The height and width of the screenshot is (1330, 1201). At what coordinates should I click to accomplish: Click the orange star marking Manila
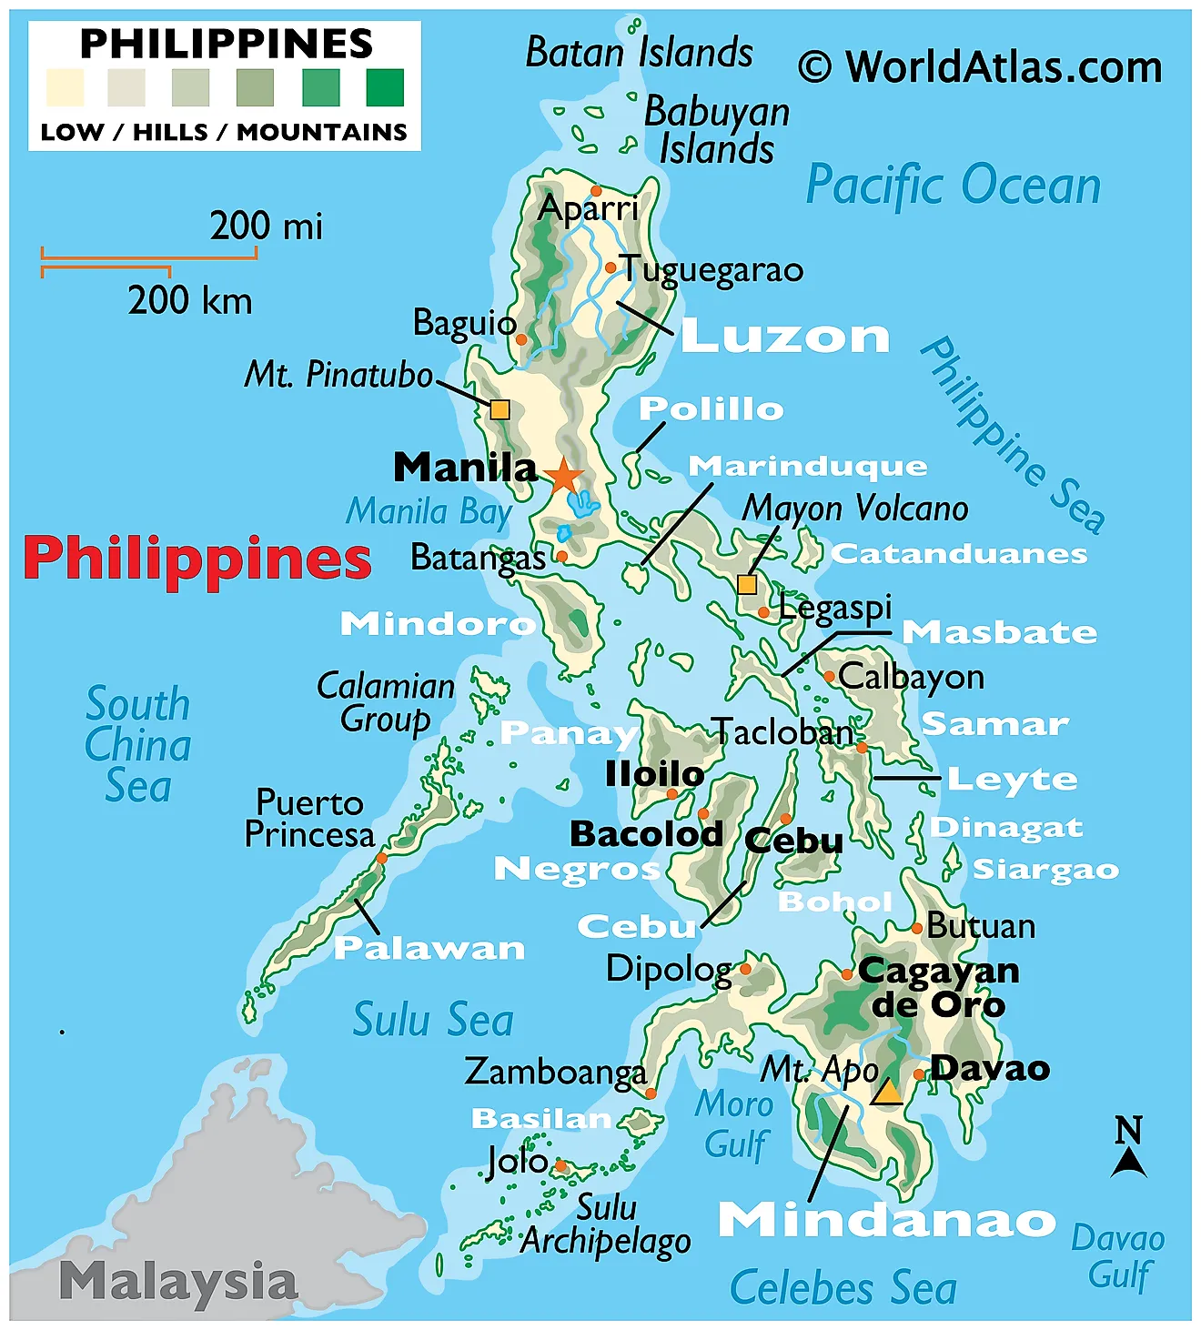point(564,476)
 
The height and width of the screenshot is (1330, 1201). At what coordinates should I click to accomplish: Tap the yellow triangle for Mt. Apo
point(886,1093)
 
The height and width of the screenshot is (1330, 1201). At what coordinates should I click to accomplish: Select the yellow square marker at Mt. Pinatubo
point(500,409)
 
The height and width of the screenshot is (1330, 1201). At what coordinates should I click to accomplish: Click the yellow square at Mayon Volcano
point(747,584)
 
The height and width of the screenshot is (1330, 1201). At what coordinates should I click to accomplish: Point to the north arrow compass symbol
point(1128,1148)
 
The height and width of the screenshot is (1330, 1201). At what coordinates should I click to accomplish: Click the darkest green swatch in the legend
point(385,88)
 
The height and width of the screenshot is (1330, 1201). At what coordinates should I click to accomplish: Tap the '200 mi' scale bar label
point(266,226)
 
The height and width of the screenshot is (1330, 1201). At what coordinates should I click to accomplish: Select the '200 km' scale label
point(189,300)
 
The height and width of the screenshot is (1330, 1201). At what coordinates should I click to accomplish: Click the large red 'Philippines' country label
point(197,559)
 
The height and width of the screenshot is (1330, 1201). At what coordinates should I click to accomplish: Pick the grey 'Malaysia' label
point(178,1282)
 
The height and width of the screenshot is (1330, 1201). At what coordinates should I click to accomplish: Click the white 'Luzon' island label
point(785,336)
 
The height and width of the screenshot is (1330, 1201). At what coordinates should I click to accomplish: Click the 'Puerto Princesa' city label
point(309,819)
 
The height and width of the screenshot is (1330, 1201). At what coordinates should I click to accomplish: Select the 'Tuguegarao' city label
point(712,269)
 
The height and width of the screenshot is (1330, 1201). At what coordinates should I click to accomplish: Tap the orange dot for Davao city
point(919,1074)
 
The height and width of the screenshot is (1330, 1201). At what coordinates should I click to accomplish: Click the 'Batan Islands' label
point(639,53)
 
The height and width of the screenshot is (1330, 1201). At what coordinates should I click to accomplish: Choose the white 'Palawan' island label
point(429,949)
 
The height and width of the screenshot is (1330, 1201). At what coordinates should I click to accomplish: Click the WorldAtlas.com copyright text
point(980,67)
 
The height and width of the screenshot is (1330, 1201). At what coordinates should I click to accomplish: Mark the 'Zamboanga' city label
point(555,1072)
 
